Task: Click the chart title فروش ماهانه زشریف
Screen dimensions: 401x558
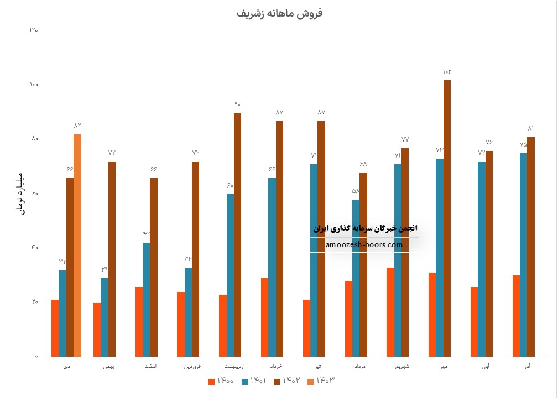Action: tap(279, 13)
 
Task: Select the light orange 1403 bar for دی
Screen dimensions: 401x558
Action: tap(77, 245)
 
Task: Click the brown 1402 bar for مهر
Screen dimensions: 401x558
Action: tap(447, 218)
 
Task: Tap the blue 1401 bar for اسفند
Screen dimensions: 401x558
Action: tap(146, 299)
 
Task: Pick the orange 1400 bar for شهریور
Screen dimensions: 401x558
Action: tap(390, 312)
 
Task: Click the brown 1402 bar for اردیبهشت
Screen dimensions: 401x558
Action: tap(237, 235)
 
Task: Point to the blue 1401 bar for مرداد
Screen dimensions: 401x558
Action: tap(356, 278)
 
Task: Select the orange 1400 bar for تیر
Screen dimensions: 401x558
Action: tap(306, 328)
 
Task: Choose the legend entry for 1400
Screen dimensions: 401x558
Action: tap(221, 381)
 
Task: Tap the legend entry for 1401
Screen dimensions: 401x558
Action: tap(254, 381)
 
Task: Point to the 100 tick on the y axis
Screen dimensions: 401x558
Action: tap(34, 85)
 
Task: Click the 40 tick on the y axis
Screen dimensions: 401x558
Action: tap(34, 247)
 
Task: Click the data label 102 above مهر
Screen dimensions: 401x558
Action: tap(447, 71)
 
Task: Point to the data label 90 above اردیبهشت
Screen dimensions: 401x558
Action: tap(237, 104)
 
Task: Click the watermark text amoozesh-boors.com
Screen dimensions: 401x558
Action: tap(364, 244)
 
